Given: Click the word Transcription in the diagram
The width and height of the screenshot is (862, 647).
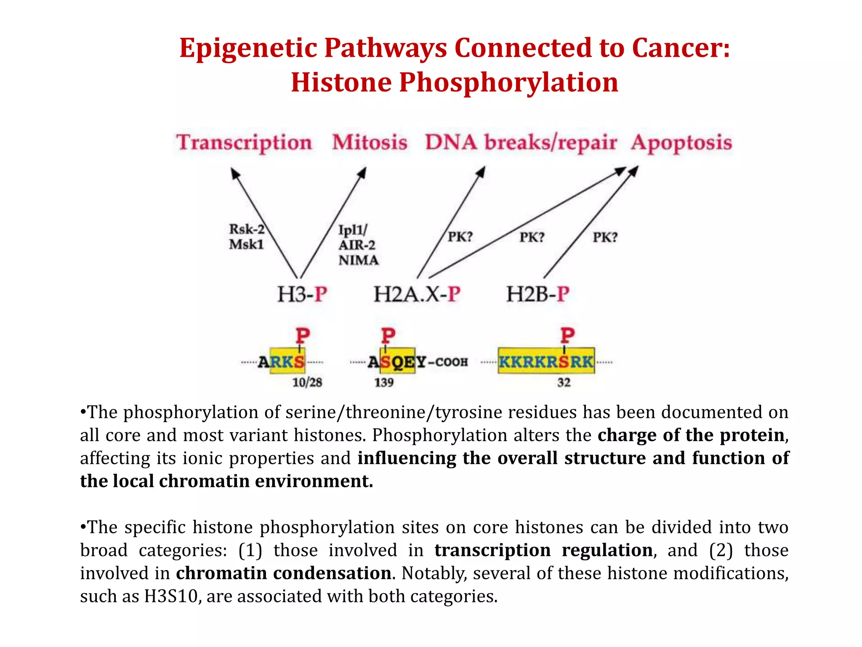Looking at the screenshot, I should click(x=244, y=142).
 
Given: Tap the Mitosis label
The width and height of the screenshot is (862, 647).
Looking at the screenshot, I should click(x=370, y=142).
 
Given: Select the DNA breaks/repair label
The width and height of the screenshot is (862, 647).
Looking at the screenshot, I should click(x=521, y=142).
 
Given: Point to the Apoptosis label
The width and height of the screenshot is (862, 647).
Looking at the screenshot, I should click(x=681, y=142).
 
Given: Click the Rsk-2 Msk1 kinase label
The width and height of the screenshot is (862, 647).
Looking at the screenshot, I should click(x=247, y=237).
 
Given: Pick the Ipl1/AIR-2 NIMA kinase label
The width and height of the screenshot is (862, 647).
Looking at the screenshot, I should click(x=358, y=245).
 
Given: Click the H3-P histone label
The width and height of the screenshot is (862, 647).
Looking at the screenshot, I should click(x=302, y=294).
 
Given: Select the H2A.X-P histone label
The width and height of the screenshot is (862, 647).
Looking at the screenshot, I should click(x=417, y=294).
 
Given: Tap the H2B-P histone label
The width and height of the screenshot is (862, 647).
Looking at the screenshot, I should click(x=537, y=294).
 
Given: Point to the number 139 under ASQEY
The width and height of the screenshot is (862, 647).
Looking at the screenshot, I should click(x=384, y=382).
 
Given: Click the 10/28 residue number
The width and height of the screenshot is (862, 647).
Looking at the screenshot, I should click(x=307, y=382).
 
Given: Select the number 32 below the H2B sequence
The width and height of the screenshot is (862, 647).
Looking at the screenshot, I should click(x=564, y=382).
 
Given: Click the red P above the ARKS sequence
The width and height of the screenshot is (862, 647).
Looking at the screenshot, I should click(x=303, y=336).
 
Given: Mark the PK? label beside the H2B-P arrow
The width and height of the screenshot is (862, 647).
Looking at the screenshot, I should click(x=605, y=238).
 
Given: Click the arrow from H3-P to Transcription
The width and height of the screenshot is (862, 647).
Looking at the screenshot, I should click(x=265, y=223).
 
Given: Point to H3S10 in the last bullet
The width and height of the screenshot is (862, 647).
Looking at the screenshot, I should click(x=170, y=596).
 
